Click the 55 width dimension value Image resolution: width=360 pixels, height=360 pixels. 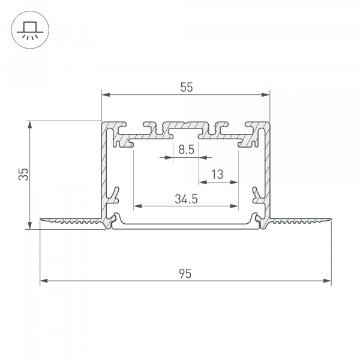click(186, 88)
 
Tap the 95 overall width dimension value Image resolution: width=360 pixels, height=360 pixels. click(185, 274)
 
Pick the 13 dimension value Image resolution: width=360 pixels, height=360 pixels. click(217, 175)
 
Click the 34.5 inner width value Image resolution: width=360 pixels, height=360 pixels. click(186, 199)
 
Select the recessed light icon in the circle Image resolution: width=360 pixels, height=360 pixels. click(28, 28)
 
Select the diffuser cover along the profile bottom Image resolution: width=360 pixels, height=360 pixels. click(186, 226)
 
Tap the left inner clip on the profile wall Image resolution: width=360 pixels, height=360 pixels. click(113, 195)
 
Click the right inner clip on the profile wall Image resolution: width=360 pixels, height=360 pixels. click(258, 195)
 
